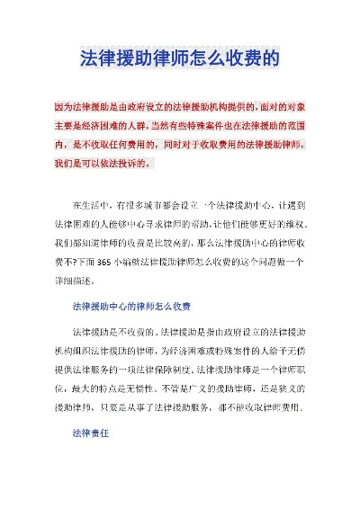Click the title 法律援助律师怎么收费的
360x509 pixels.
[x=180, y=60]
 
